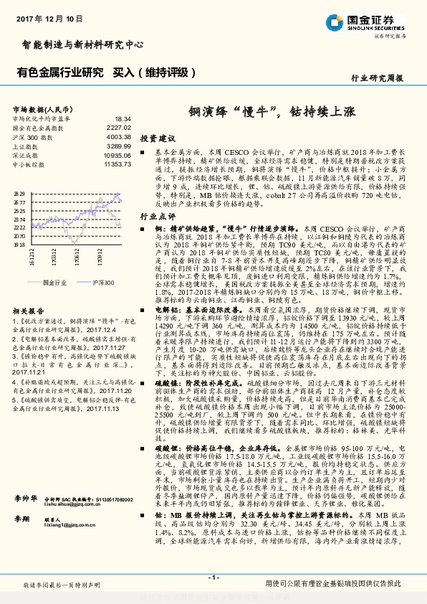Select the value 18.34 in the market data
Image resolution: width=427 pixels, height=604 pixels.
[x=123, y=118]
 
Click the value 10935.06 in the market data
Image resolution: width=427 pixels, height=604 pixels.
[x=117, y=155]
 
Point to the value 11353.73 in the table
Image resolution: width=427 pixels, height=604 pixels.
[x=117, y=164]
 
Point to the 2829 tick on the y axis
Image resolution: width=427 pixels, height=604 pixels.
[x=19, y=193]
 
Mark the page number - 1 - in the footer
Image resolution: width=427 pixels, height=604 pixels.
[x=213, y=577]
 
